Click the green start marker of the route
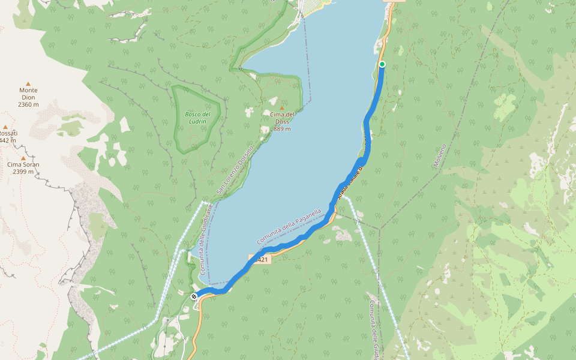tap(382, 64)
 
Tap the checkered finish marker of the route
tap(194, 296)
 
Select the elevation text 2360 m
tap(28, 104)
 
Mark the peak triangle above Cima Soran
tap(23, 158)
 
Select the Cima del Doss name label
tap(282, 118)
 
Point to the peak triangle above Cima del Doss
tap(282, 108)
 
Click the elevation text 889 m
tap(282, 128)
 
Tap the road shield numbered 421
tap(261, 260)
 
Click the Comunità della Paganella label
tap(289, 226)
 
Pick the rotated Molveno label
tap(440, 155)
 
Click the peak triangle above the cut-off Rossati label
tap(5, 127)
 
